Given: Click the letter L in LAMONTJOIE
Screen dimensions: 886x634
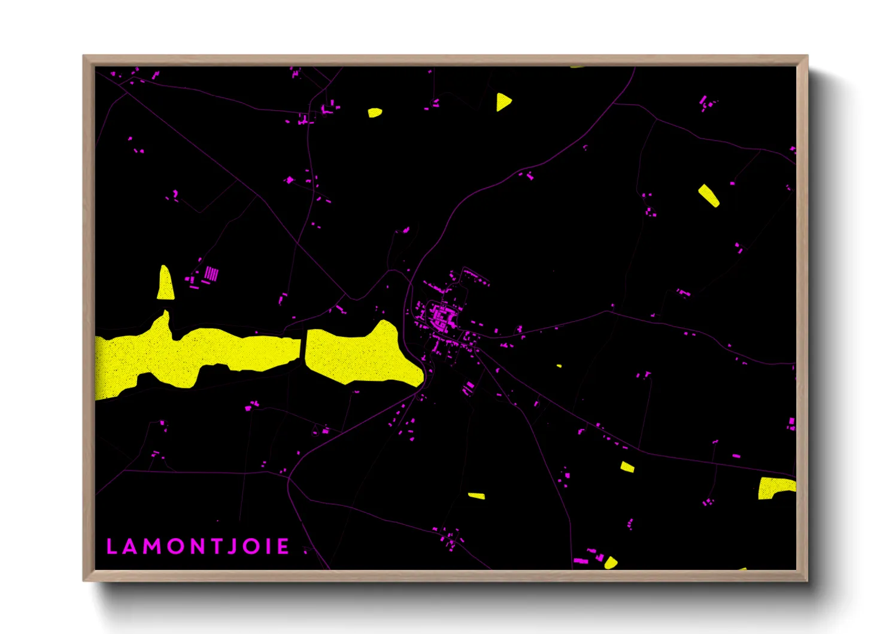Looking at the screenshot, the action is (x=111, y=547).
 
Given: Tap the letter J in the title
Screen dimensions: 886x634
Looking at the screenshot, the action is (x=232, y=547).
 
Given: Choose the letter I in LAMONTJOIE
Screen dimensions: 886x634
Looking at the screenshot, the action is (x=268, y=547).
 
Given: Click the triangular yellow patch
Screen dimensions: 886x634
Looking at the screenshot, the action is (x=503, y=102).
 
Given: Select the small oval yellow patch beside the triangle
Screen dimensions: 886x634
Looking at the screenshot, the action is (x=375, y=112).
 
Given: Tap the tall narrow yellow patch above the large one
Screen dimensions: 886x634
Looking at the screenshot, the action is (x=165, y=283).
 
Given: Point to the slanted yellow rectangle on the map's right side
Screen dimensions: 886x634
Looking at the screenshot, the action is (x=709, y=195).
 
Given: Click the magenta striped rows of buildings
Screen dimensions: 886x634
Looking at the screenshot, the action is (x=211, y=274).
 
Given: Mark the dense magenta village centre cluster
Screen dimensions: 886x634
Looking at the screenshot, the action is (x=443, y=315).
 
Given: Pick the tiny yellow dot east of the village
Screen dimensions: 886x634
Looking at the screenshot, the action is (x=559, y=366).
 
